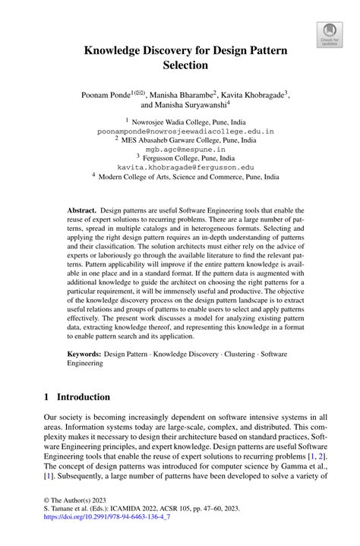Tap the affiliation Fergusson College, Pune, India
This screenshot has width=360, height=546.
(185, 157)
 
